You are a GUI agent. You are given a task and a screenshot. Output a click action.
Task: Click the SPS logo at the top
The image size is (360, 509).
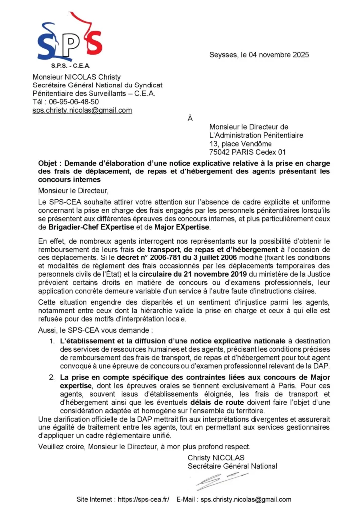[70, 37]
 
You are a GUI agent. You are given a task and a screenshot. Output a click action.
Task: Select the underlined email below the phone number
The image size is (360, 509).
[82, 110]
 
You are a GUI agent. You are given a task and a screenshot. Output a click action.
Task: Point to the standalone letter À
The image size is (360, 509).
[190, 119]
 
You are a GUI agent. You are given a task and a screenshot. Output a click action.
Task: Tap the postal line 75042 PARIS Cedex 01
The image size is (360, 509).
[248, 152]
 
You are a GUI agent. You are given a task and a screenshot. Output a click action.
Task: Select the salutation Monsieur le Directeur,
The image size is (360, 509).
[73, 190]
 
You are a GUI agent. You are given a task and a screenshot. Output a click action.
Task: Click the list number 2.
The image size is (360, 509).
[52, 378]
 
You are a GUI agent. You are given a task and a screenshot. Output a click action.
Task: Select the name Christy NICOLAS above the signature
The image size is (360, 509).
[216, 458]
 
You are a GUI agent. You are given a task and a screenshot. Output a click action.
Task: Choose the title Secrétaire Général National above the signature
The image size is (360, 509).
[232, 466]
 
